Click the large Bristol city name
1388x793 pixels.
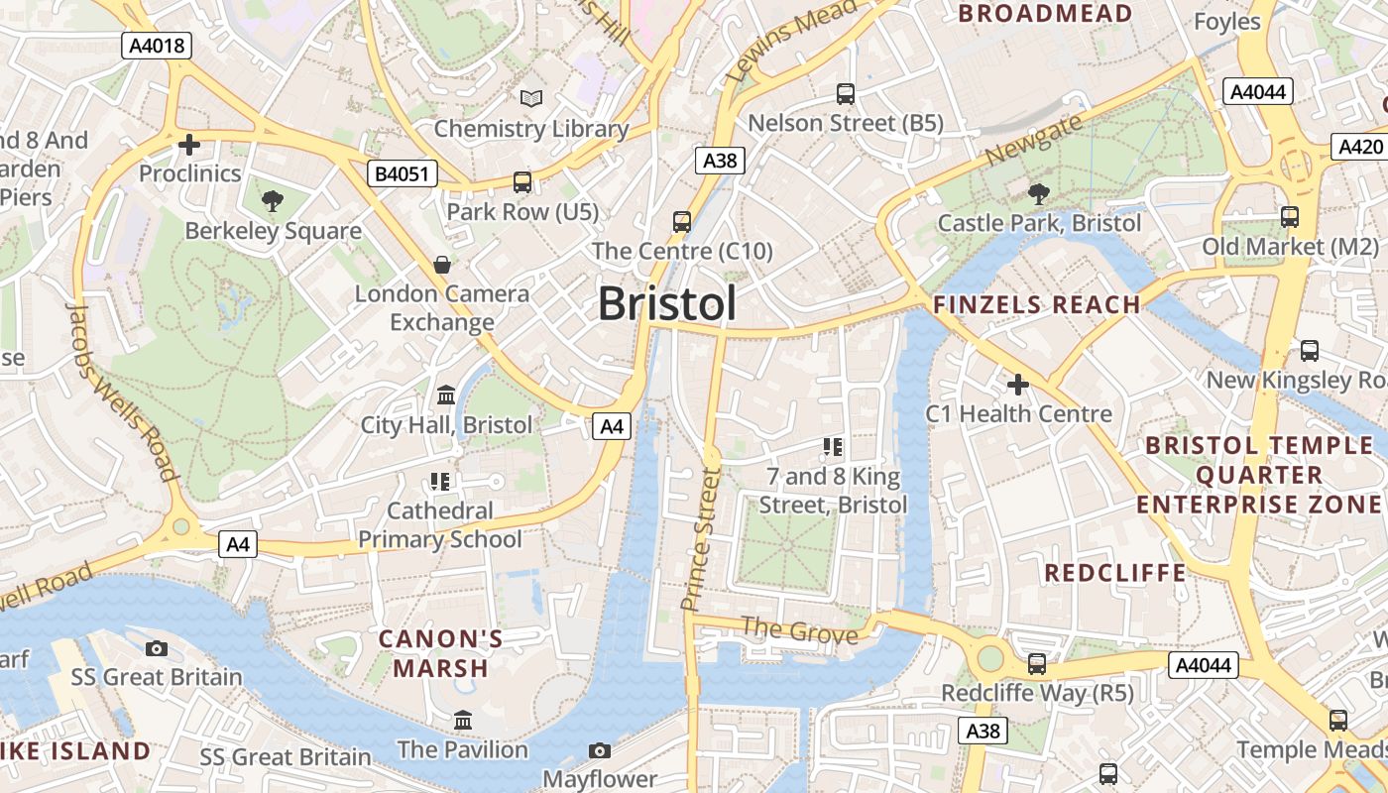click(x=667, y=303)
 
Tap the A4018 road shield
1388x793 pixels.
click(x=156, y=45)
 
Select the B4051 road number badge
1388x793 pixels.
click(x=402, y=174)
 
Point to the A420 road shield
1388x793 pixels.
click(x=1359, y=147)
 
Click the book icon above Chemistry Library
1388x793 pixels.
click(x=531, y=98)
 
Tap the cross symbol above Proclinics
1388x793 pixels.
click(x=188, y=145)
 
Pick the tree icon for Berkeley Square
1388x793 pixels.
click(x=273, y=201)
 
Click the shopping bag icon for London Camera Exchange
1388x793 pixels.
click(x=442, y=265)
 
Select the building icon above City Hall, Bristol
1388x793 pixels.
click(x=446, y=396)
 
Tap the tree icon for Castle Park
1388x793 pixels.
click(x=1038, y=193)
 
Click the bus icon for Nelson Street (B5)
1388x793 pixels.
click(x=845, y=94)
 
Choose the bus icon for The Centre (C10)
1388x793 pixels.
click(x=682, y=221)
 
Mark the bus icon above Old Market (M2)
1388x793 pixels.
click(x=1290, y=216)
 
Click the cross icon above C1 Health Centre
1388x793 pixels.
click(x=1018, y=384)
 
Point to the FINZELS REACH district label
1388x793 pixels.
click(x=1037, y=305)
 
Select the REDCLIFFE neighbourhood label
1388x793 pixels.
click(x=1115, y=573)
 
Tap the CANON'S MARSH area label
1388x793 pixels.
click(x=441, y=653)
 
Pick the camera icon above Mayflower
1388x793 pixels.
click(x=599, y=750)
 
